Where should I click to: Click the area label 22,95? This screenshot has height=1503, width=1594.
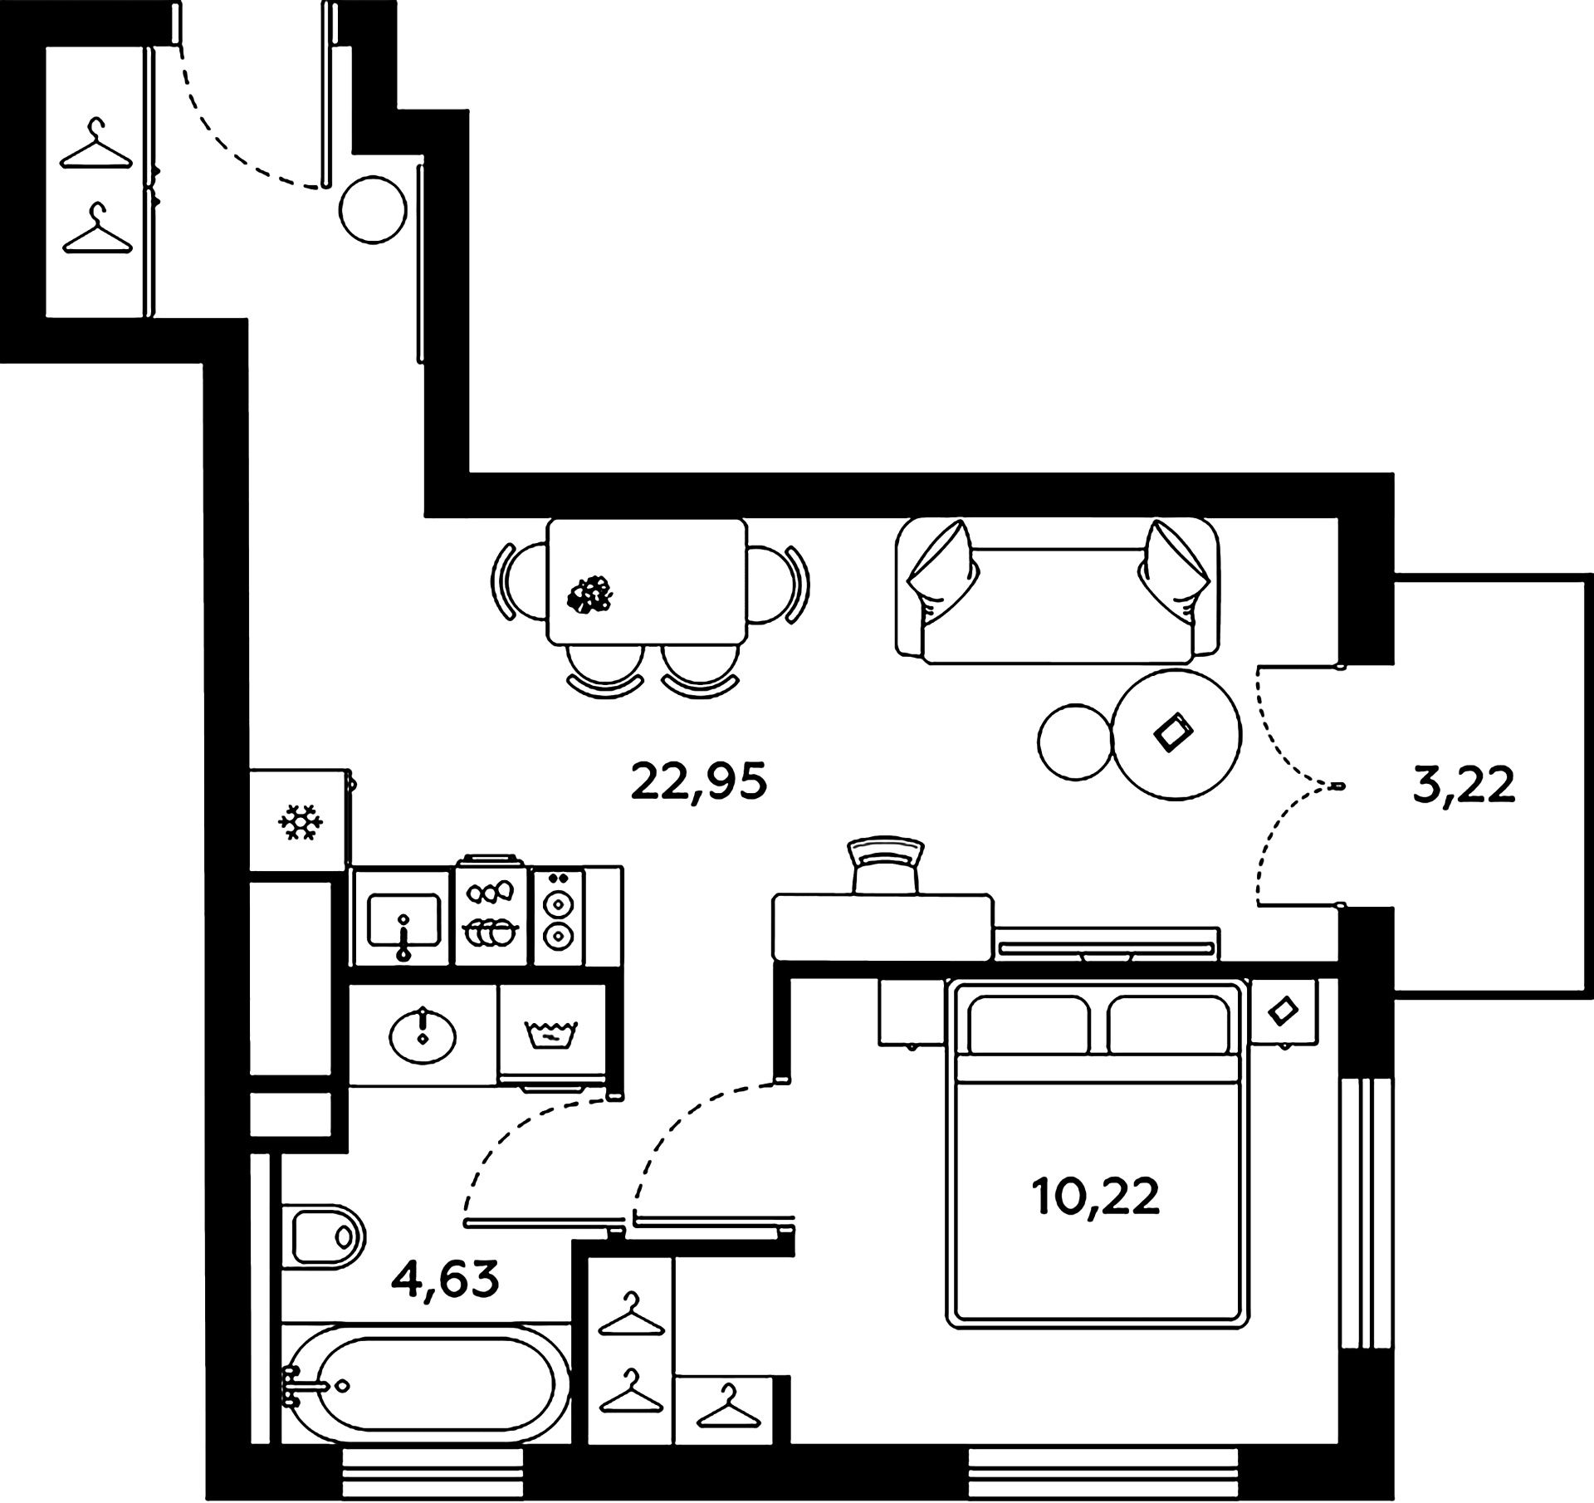click(x=698, y=782)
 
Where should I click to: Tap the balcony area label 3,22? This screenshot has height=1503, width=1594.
click(x=1464, y=786)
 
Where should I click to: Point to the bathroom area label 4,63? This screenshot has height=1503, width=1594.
click(x=446, y=1279)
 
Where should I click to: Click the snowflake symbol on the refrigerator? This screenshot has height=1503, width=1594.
click(x=300, y=822)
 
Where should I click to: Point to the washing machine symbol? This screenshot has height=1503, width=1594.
click(x=550, y=1034)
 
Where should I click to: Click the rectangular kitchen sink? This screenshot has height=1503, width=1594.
click(x=403, y=918)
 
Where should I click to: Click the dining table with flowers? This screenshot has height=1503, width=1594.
click(x=646, y=583)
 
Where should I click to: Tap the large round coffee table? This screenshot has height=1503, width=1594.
click(x=1176, y=734)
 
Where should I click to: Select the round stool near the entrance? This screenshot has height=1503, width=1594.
click(x=374, y=209)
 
